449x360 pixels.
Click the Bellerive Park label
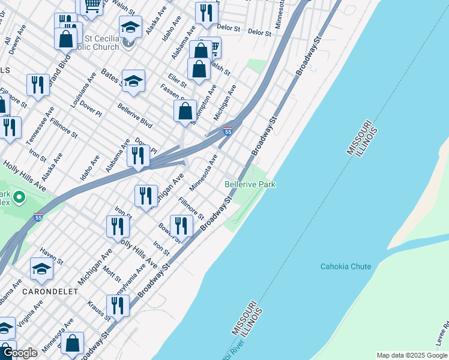(250, 184)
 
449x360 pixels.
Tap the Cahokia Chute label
(345, 266)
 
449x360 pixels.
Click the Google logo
(20, 353)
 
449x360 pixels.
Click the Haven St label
(52, 257)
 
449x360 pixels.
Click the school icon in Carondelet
(41, 269)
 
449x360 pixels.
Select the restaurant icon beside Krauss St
(118, 305)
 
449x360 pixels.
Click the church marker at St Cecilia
(128, 43)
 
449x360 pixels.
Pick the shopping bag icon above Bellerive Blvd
(185, 110)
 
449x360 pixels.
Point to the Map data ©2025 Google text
(411, 355)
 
